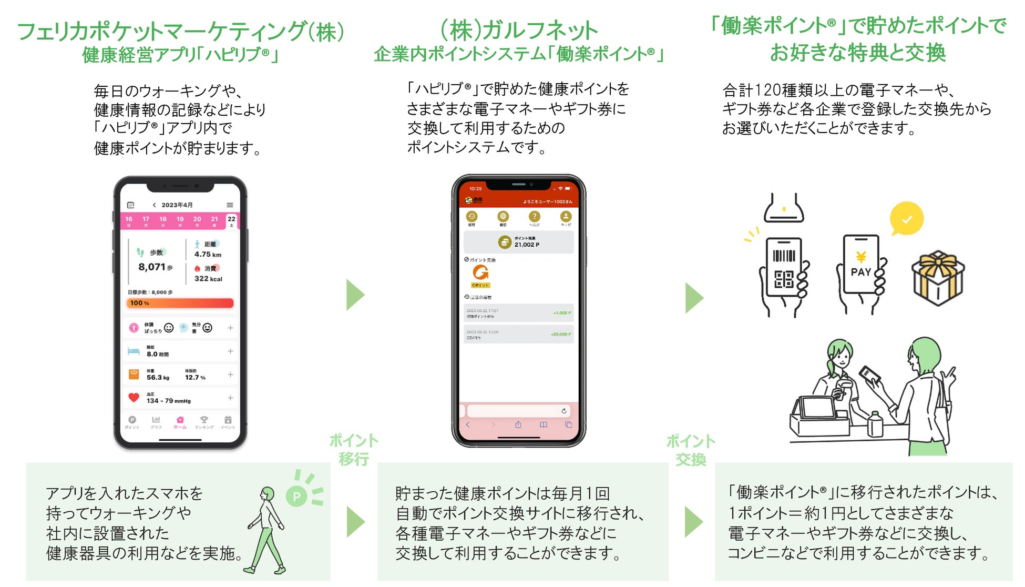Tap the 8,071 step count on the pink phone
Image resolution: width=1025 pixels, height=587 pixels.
point(152,267)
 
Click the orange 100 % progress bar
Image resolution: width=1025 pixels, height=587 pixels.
point(180,303)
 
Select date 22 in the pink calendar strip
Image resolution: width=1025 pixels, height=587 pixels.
point(231,220)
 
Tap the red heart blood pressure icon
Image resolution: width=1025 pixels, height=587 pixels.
point(134,398)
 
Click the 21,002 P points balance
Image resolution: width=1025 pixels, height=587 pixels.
point(526,245)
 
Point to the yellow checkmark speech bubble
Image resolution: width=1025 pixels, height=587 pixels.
point(906,219)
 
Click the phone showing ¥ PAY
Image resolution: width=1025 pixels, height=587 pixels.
point(861,265)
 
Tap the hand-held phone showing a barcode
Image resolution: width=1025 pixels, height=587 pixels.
point(784,268)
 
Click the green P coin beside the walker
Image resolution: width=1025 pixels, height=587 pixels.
point(296,496)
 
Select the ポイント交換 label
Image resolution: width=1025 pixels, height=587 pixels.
point(691,450)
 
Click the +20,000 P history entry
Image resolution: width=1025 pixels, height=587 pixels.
point(518,335)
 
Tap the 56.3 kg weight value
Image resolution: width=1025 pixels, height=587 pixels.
point(158,378)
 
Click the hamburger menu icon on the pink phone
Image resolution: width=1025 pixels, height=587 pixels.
point(230,205)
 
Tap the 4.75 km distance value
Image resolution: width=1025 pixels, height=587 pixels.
point(208,255)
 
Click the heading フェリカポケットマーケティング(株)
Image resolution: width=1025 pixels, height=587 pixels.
point(181,32)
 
